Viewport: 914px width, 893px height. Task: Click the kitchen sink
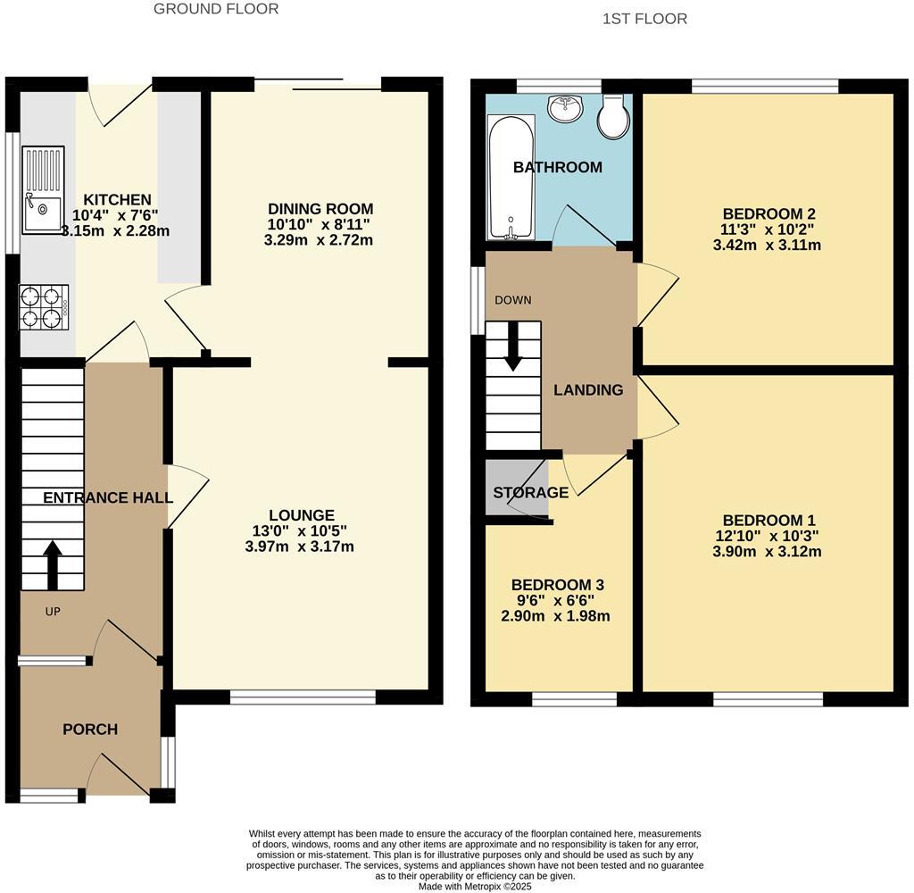(x=43, y=190)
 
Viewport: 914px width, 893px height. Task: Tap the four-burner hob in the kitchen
(x=44, y=306)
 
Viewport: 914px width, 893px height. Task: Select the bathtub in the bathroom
(x=511, y=178)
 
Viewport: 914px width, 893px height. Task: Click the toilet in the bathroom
(x=613, y=118)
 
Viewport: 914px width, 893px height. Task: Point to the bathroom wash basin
(x=564, y=108)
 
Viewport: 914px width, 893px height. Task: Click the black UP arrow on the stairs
(x=53, y=564)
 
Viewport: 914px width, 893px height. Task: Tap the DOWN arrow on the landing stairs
(x=513, y=347)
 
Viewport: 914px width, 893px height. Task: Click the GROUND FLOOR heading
(x=216, y=9)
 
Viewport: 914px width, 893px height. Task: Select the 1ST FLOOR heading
(x=644, y=19)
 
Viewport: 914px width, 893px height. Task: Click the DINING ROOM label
(x=320, y=209)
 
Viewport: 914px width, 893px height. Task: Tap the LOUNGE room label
(x=302, y=515)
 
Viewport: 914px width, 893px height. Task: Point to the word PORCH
(x=90, y=730)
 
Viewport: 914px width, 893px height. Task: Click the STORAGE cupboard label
(x=531, y=493)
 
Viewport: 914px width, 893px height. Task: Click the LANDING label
(x=588, y=390)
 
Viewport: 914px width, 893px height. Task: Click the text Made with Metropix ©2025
(x=475, y=887)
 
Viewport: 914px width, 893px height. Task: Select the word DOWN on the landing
(x=513, y=300)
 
